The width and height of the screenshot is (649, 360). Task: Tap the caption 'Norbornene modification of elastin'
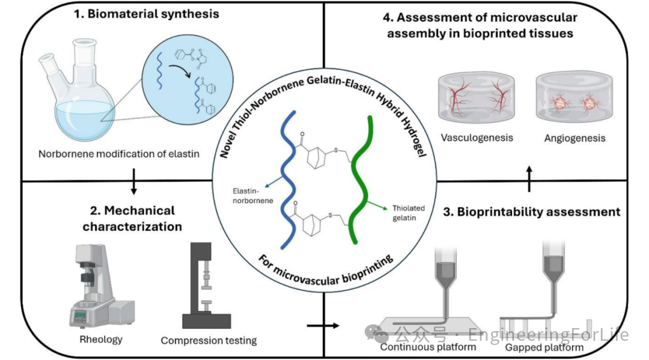pos(118,153)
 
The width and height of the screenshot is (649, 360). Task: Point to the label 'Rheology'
pos(101,340)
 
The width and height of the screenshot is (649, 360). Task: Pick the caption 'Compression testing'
pos(209,341)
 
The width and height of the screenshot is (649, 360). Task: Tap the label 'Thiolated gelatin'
pos(409,213)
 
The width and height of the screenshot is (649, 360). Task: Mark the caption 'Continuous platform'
pos(428,347)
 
